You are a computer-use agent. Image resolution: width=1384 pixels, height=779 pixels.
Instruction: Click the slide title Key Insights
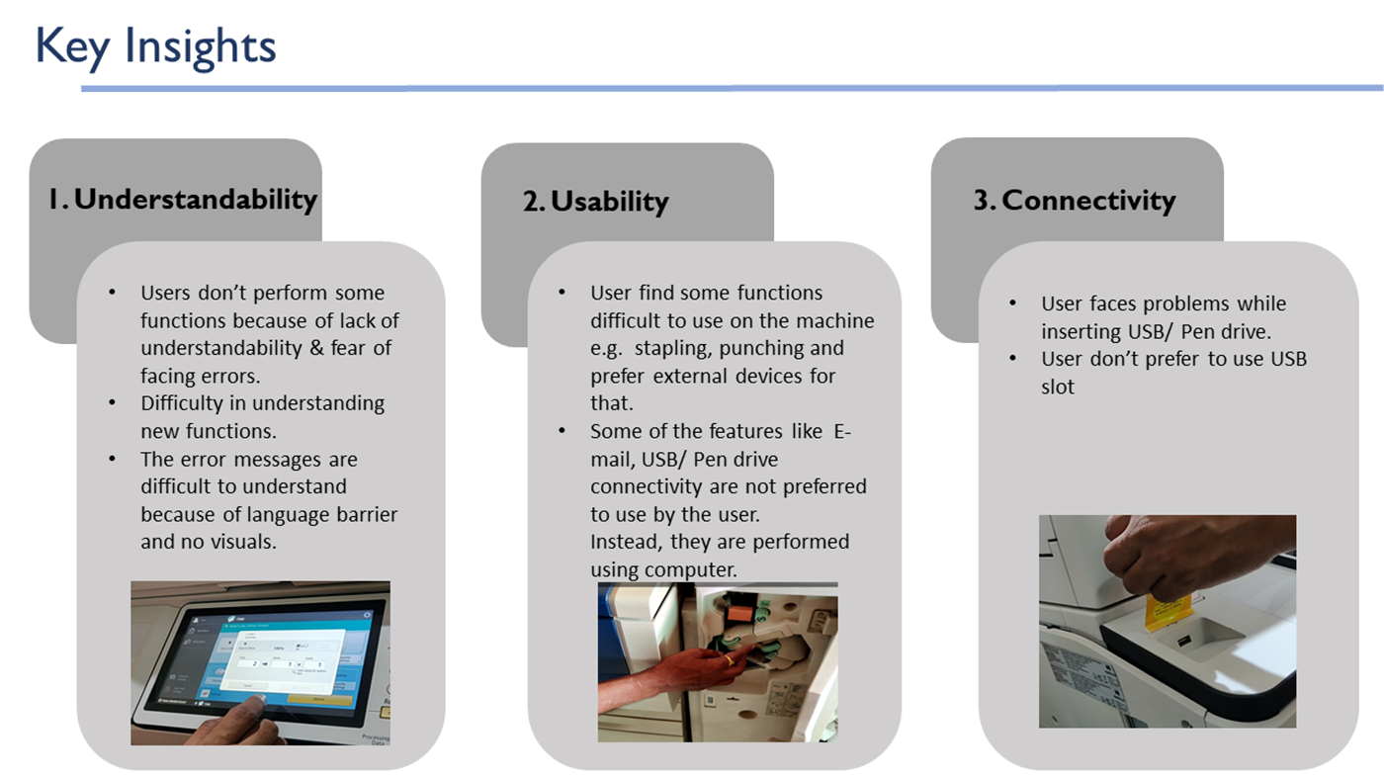(155, 46)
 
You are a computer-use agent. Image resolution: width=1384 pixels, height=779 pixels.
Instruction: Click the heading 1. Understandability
(183, 199)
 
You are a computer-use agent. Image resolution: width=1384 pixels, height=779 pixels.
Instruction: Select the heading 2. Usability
(595, 201)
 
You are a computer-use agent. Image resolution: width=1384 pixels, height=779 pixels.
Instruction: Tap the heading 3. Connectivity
(1075, 200)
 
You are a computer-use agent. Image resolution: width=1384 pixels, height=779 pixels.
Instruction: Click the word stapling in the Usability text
(672, 349)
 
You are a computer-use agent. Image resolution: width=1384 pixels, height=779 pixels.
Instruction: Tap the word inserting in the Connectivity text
(1081, 331)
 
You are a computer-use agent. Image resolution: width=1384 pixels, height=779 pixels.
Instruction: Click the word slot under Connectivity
(1058, 387)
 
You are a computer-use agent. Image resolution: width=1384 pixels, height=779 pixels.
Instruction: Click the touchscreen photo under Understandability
(260, 662)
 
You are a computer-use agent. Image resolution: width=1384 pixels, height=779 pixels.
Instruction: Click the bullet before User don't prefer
(1012, 359)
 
